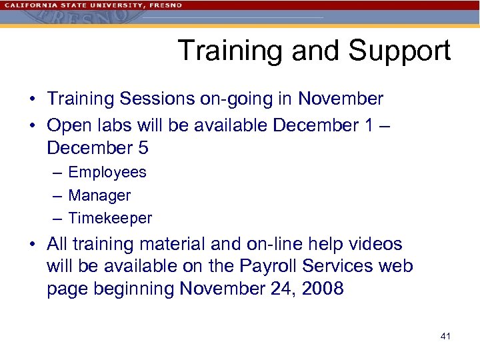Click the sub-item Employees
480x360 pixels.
tap(107, 172)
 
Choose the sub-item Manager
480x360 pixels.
tap(99, 195)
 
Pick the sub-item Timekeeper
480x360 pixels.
tap(110, 218)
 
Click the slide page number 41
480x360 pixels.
tap(445, 336)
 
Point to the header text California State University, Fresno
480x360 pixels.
tap(93, 5)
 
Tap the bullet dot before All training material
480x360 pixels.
tap(32, 245)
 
